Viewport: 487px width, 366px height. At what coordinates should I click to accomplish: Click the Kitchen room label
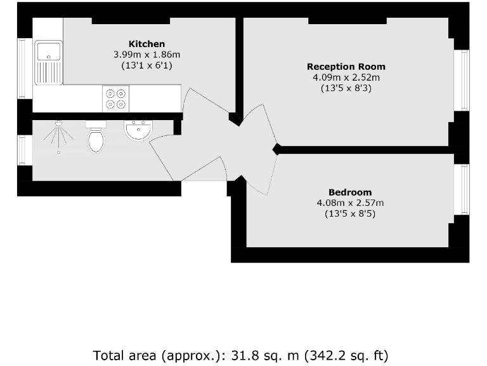point(146,44)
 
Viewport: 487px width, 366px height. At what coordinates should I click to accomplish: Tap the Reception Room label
point(346,67)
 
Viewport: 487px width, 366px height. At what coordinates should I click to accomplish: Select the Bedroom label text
point(350,192)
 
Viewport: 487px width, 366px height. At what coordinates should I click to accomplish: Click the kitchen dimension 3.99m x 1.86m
point(146,55)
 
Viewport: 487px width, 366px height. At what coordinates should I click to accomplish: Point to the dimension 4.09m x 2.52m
point(346,78)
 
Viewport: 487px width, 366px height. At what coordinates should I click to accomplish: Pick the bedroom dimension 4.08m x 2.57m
point(350,203)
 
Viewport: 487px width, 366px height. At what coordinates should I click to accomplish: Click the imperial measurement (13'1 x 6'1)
point(146,65)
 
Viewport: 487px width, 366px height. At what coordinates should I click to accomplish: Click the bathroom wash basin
point(138,131)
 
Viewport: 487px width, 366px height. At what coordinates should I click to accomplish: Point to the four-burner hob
point(115,99)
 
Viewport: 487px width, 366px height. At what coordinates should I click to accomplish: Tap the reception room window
point(465,80)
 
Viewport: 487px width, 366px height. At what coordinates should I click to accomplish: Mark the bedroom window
point(465,189)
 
